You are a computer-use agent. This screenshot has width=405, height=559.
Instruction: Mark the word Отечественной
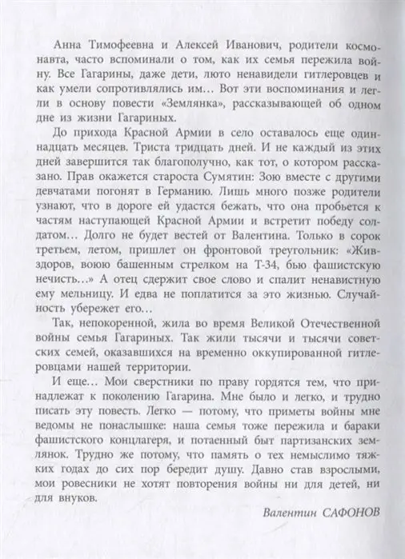[335, 353]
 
